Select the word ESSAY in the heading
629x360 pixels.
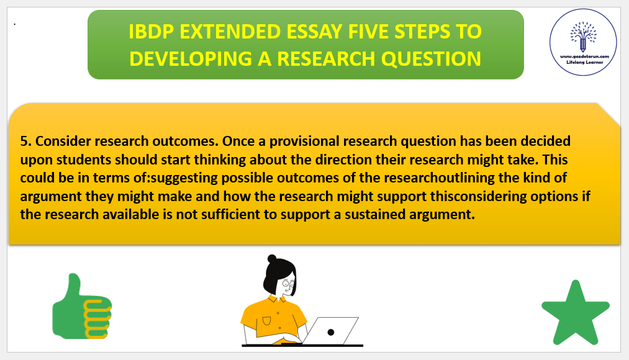click(x=315, y=32)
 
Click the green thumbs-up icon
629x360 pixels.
click(x=82, y=306)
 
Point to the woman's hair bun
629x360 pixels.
click(x=272, y=259)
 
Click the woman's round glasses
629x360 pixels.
click(x=289, y=284)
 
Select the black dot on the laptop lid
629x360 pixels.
click(x=330, y=332)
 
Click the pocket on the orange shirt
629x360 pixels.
click(x=266, y=321)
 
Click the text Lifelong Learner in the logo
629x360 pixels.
click(x=584, y=63)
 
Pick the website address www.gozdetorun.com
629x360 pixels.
click(x=584, y=56)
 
